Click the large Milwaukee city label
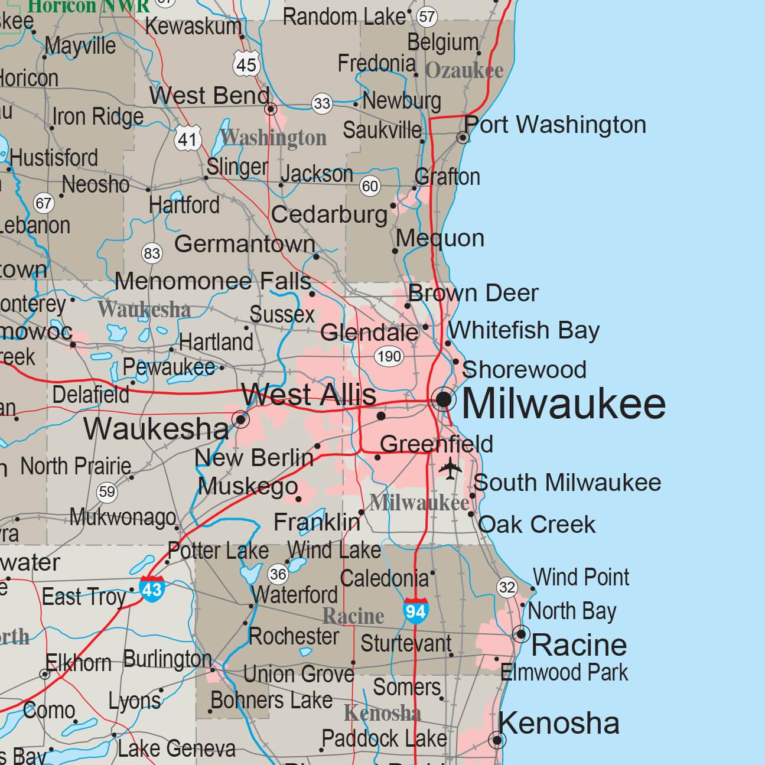pos(564,404)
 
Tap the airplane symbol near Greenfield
pos(451,468)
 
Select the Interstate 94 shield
pos(415,610)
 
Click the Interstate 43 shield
pos(152,588)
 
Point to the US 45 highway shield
pos(246,63)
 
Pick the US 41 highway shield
pos(188,139)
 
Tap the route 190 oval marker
pos(389,356)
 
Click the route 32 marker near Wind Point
pos(507,587)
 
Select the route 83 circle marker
pos(152,253)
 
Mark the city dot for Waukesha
pos(240,420)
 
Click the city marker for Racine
pos(521,634)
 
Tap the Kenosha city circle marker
pos(497,740)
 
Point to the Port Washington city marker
pos(464,138)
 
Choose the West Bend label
pos(209,96)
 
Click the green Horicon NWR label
pos(89,6)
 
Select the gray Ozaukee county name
pos(464,70)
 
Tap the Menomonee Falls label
pos(213,282)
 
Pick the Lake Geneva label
pos(176,749)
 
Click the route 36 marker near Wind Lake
pos(278,573)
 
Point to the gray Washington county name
pos(274,138)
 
